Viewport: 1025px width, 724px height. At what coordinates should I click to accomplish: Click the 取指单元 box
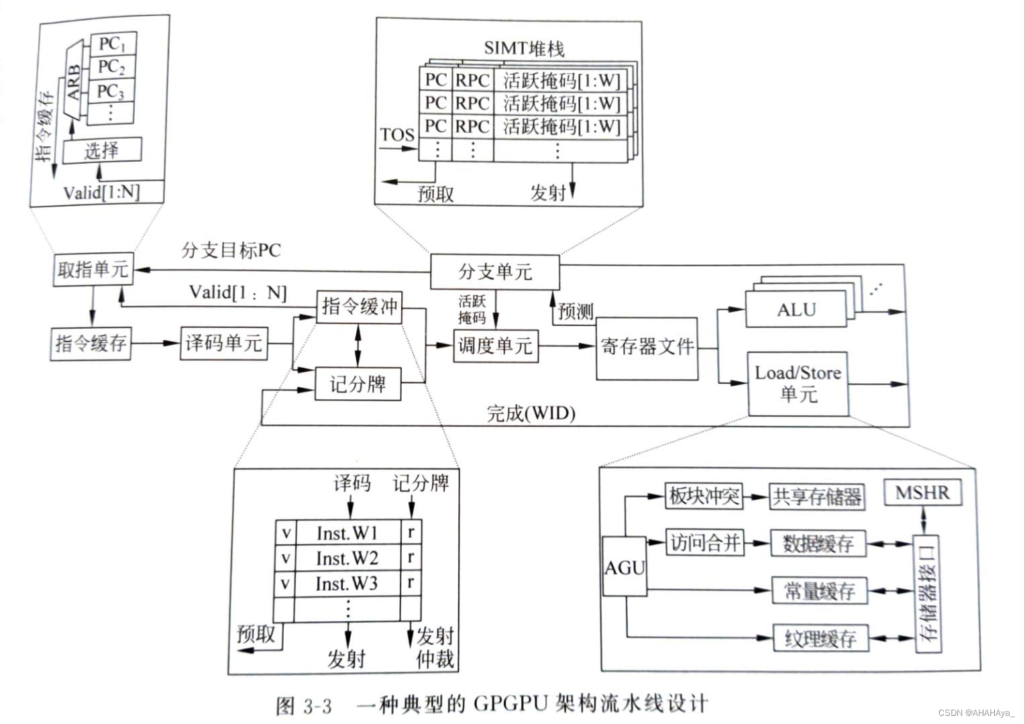pos(93,270)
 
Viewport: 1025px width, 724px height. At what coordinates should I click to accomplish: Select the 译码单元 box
pos(223,343)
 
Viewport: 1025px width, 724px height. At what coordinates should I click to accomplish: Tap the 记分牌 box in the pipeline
pos(358,384)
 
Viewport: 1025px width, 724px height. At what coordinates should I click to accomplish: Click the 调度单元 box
pos(495,346)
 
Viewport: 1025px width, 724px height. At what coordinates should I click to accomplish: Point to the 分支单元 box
pos(494,271)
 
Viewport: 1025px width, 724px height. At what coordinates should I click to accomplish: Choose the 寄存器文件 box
pos(647,348)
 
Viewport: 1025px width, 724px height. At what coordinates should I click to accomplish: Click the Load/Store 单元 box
pos(797,383)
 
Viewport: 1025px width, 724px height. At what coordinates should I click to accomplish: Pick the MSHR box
pos(922,493)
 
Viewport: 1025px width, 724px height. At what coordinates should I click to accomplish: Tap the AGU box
pos(625,567)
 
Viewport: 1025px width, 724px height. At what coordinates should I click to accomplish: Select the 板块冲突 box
pos(704,497)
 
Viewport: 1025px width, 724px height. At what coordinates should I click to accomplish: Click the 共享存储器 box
pos(816,497)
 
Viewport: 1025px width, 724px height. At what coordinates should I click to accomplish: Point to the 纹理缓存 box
pos(820,638)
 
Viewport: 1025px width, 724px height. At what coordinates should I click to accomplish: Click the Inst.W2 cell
pos(347,558)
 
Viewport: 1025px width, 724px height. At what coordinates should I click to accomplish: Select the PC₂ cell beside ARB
pos(112,67)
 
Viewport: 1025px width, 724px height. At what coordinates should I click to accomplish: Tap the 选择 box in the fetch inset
pos(102,150)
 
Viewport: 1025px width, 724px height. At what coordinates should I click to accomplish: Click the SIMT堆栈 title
pos(524,48)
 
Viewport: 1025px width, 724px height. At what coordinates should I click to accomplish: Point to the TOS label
pos(397,135)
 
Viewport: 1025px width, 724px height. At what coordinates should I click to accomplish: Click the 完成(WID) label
pos(531,413)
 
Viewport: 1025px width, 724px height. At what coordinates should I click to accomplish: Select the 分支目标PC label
pos(231,250)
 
